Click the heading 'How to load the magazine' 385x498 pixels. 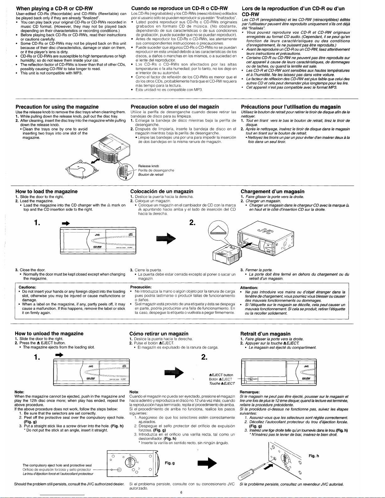[47, 191]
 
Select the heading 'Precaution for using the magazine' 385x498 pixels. [57, 107]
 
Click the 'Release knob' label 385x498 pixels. [149, 166]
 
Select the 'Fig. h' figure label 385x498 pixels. [314, 456]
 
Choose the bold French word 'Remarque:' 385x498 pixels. [249, 392]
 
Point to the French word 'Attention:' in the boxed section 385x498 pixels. [249, 288]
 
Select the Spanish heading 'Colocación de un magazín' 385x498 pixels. [159, 191]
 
